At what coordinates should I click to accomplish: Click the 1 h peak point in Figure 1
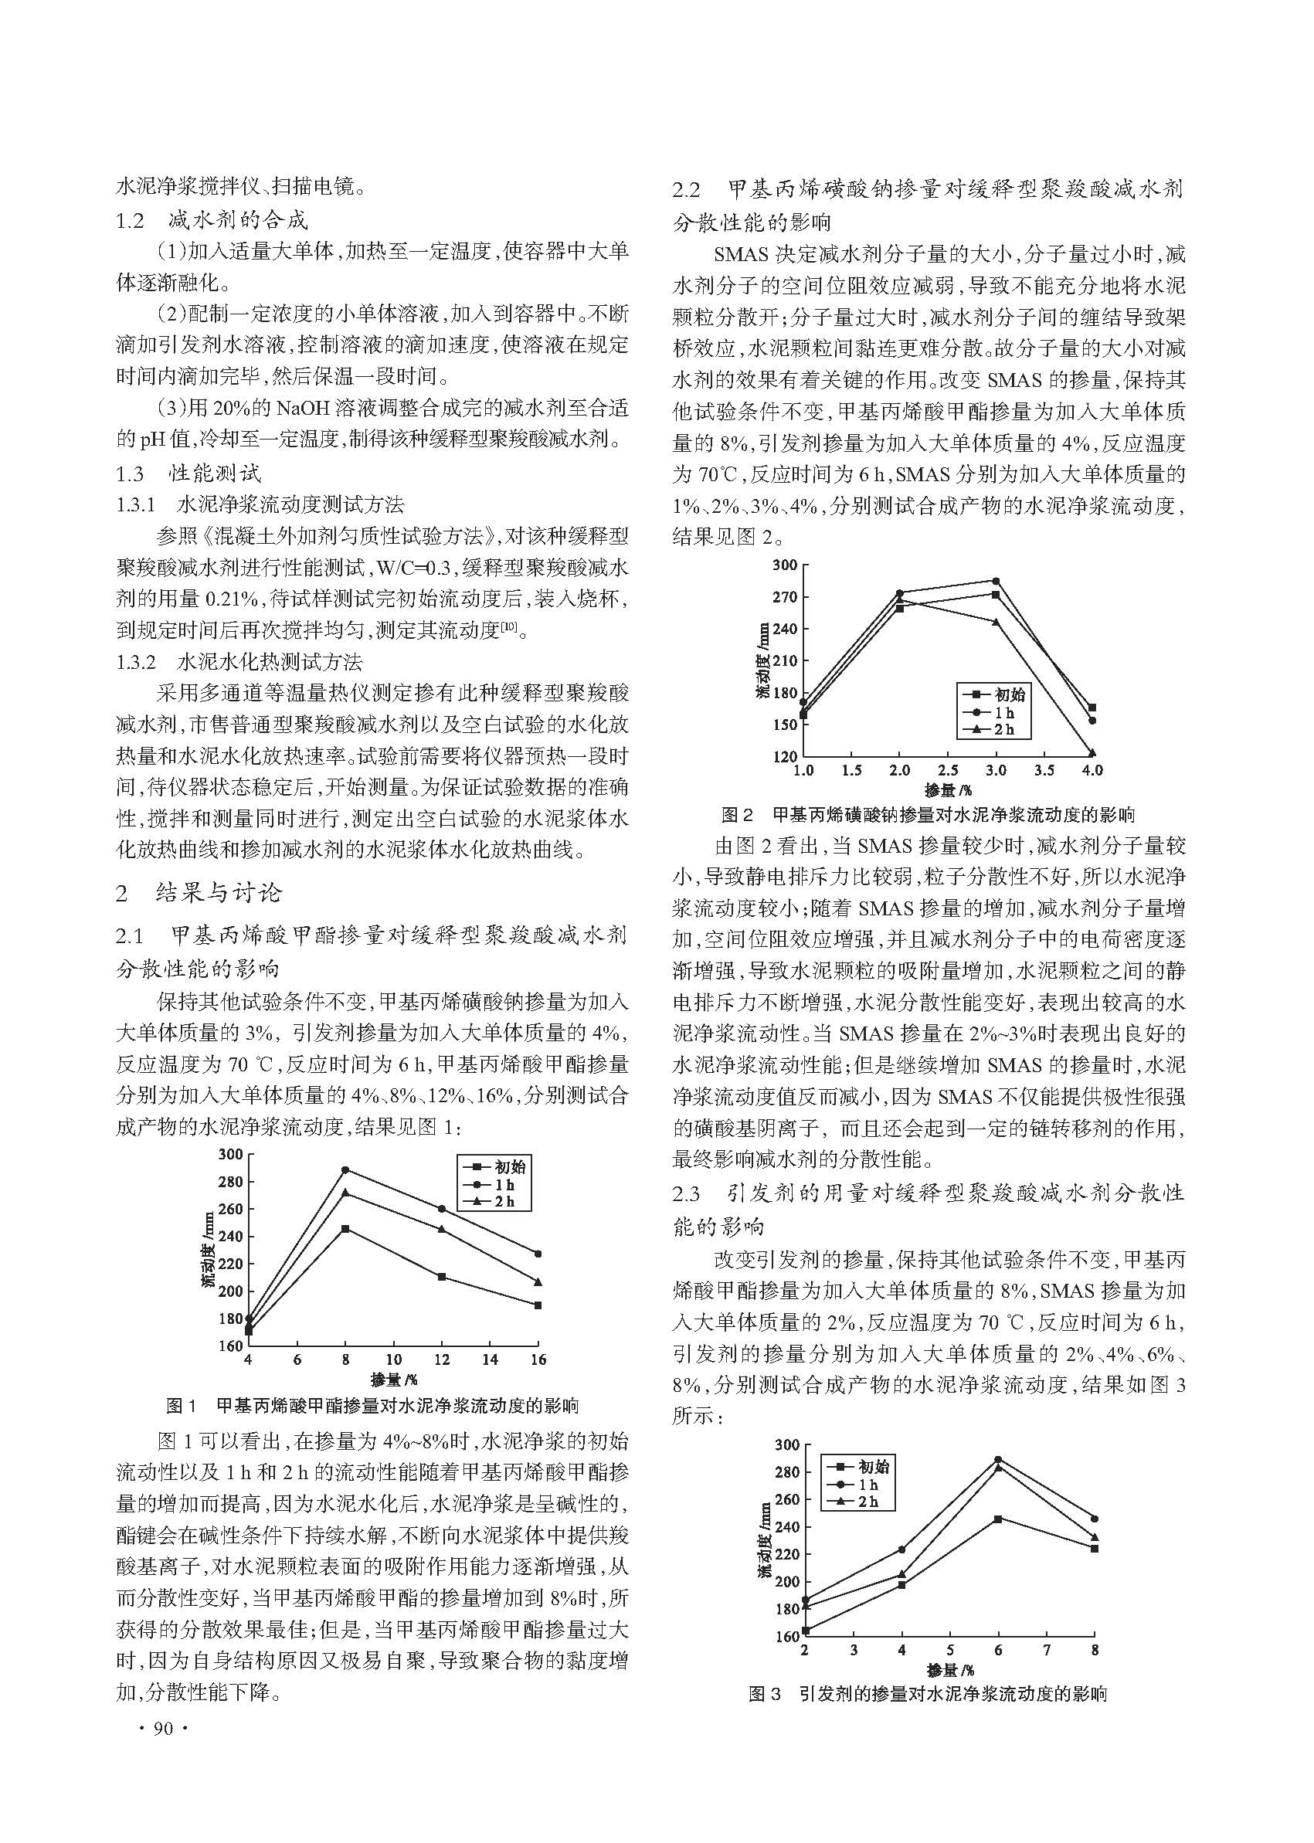pos(345,1170)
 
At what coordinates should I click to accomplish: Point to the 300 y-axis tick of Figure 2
pos(784,565)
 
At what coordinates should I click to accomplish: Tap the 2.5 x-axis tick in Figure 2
pos(948,770)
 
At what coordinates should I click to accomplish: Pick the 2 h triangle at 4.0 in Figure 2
pos(1092,753)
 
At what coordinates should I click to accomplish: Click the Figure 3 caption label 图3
pos(765,1693)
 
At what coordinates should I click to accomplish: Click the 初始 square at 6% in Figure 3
pos(997,1519)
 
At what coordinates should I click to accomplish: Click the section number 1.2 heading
pos(131,220)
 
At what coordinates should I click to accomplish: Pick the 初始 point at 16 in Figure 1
pos(538,1305)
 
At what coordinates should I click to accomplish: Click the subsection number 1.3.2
pos(136,662)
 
